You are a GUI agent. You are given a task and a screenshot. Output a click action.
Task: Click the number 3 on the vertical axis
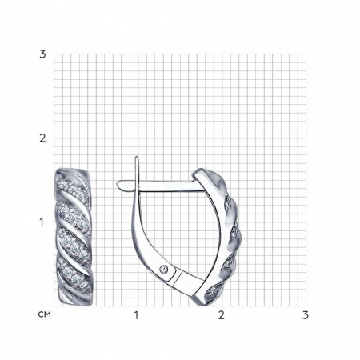pos(42,54)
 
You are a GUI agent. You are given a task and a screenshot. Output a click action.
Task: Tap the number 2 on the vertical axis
pos(42,138)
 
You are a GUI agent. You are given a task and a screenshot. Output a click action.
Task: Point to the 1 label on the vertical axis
pos(42,222)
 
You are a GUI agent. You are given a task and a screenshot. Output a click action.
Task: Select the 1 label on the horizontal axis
pos(136,315)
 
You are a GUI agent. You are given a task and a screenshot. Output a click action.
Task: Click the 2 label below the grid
pos(222,315)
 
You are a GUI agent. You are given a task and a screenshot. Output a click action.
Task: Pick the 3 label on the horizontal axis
pos(306,315)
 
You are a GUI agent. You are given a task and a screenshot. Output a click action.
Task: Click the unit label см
pos(45,314)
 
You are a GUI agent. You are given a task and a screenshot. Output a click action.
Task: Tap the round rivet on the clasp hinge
pos(164,269)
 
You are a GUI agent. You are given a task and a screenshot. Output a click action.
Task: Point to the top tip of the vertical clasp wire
pos(137,157)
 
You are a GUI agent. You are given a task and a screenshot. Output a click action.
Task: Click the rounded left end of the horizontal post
pos(118,184)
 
